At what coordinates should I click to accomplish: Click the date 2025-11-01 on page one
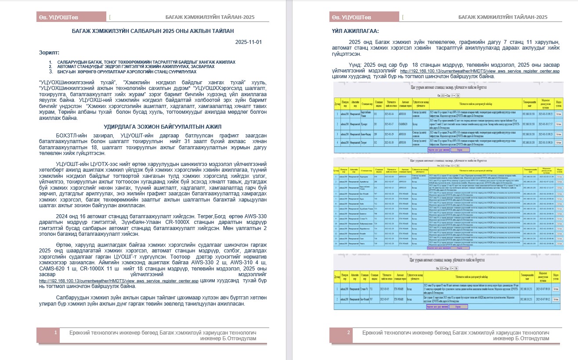248,43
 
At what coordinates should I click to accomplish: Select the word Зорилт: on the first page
48,53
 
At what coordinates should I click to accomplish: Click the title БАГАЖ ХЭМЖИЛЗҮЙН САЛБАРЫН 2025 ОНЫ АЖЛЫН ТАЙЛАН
153,31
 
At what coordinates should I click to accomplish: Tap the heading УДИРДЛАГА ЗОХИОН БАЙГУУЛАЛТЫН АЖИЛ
153,126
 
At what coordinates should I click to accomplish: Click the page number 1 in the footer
56,333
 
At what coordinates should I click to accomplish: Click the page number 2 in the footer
348,333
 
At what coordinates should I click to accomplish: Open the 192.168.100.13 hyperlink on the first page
119,281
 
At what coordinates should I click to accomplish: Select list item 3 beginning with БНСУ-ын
123,71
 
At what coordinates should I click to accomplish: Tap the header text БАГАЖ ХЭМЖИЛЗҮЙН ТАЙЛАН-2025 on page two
502,17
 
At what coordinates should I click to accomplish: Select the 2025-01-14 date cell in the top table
390,113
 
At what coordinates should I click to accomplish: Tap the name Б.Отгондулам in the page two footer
531,338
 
